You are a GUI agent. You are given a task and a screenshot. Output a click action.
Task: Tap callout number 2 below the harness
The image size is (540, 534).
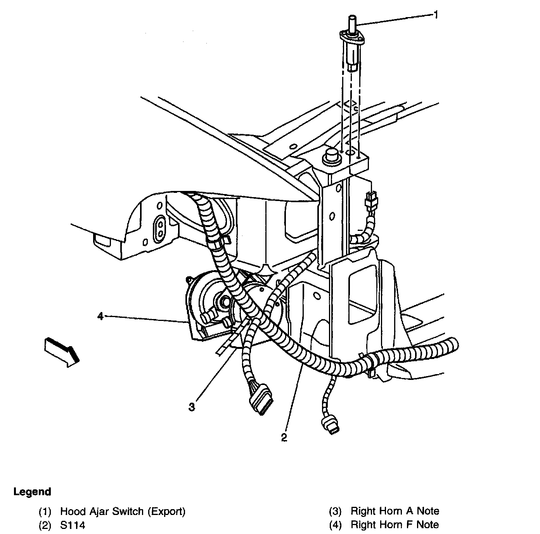coord(284,437)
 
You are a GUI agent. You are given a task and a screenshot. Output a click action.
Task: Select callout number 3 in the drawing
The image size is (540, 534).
coord(192,407)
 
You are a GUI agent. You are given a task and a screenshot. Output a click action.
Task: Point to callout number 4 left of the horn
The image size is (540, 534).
coord(100,316)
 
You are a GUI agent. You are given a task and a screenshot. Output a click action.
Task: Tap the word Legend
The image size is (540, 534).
coord(32,492)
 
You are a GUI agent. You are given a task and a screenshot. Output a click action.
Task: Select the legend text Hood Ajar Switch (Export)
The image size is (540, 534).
coord(123,511)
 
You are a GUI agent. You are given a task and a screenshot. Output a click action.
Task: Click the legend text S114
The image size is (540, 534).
coord(73,525)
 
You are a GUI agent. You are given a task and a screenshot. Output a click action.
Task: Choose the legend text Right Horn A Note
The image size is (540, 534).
coord(395,511)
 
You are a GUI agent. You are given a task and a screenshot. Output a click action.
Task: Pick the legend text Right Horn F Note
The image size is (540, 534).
coord(395,525)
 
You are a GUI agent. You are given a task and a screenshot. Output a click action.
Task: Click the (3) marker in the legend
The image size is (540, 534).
coord(335,511)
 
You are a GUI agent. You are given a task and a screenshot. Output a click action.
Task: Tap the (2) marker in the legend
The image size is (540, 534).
coord(45,525)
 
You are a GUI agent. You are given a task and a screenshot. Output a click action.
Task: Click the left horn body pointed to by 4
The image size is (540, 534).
coord(206,307)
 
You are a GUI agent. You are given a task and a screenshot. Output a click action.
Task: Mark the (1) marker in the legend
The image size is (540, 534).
coord(45,511)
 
